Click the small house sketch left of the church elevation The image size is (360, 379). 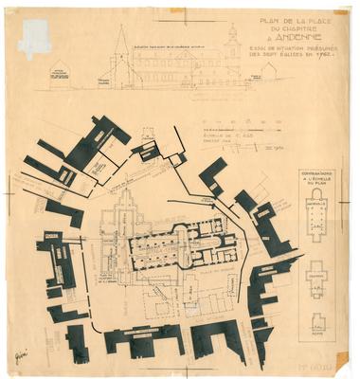click(60, 74)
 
